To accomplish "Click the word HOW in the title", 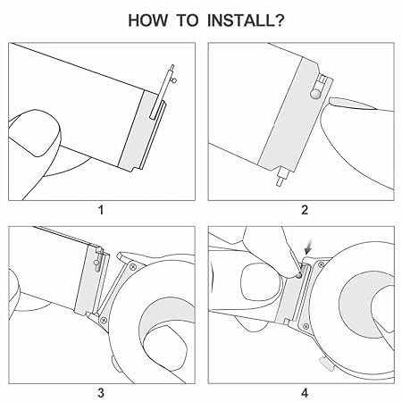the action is click(147, 21).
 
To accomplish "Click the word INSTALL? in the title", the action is click(246, 21).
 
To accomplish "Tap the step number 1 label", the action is click(101, 210).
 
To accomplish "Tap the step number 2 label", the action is click(305, 210).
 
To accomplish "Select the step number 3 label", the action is click(101, 393).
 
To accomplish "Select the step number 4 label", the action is click(305, 393).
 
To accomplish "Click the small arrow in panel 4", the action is click(309, 247).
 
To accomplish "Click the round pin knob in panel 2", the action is click(315, 95).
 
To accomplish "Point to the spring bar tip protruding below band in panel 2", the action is click(281, 178).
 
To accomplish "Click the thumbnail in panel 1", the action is click(34, 133).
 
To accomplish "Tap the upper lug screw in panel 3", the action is click(133, 267).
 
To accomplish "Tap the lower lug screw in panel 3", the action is click(104, 321).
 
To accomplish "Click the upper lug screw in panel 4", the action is click(321, 264).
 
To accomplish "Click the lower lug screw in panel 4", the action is click(305, 327).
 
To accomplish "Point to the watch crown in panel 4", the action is click(326, 364).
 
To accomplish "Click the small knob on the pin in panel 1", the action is click(174, 80).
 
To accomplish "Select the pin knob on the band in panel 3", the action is click(96, 263).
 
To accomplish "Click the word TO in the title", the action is click(188, 21).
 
